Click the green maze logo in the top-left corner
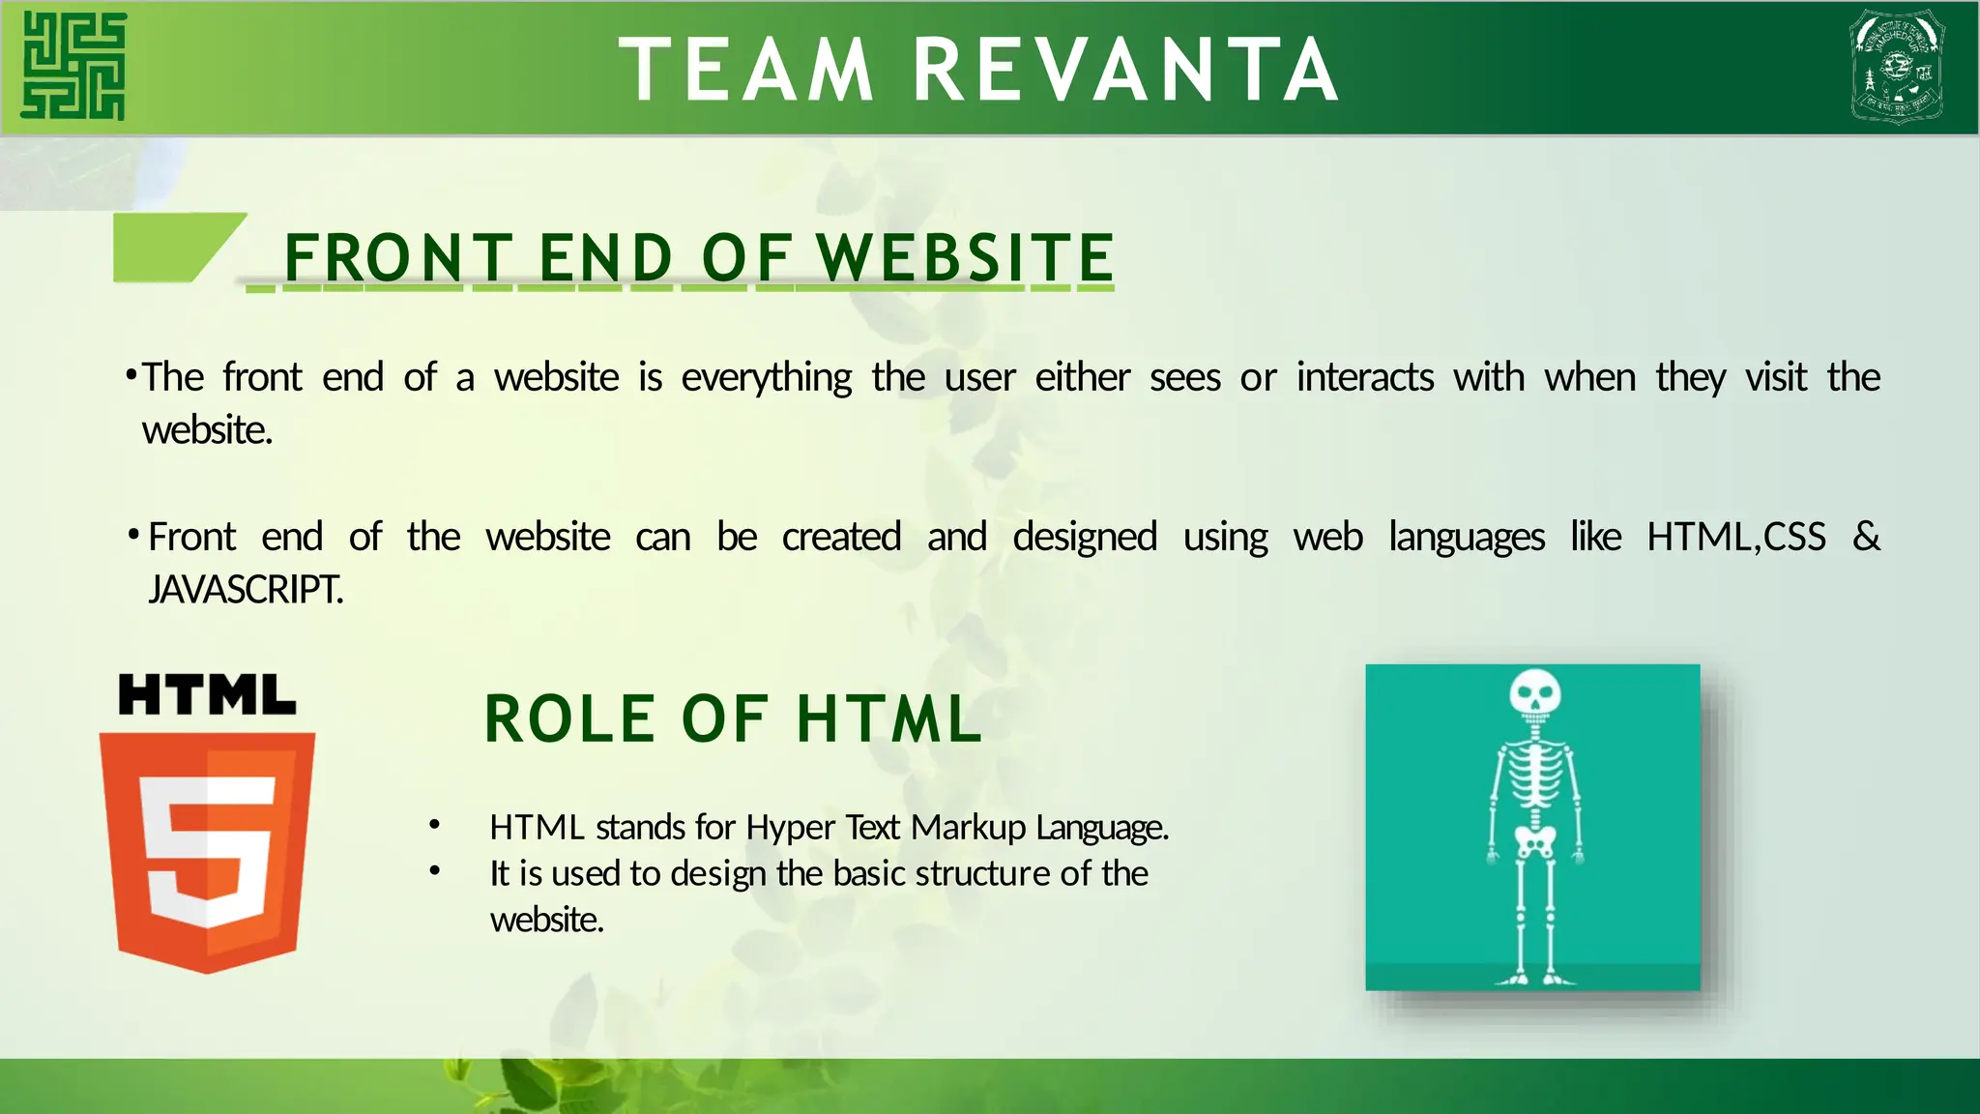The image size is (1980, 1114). pyautogui.click(x=74, y=66)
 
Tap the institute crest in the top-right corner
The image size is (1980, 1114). pyautogui.click(x=1897, y=66)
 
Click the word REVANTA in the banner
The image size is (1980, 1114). pyautogui.click(x=1126, y=70)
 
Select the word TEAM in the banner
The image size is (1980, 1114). pyautogui.click(x=746, y=70)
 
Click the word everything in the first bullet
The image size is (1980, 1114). pyautogui.click(x=767, y=377)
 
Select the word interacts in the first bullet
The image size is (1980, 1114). pyautogui.click(x=1364, y=377)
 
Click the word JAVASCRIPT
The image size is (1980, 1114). pyautogui.click(x=246, y=589)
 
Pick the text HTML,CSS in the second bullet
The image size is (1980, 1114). pyautogui.click(x=1736, y=537)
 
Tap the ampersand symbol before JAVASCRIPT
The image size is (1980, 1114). pyautogui.click(x=1866, y=536)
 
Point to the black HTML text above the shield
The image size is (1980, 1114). pyautogui.click(x=207, y=695)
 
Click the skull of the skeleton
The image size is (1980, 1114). pyautogui.click(x=1534, y=692)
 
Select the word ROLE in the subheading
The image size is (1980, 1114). pyautogui.click(x=569, y=719)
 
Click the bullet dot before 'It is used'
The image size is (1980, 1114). pyautogui.click(x=435, y=871)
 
